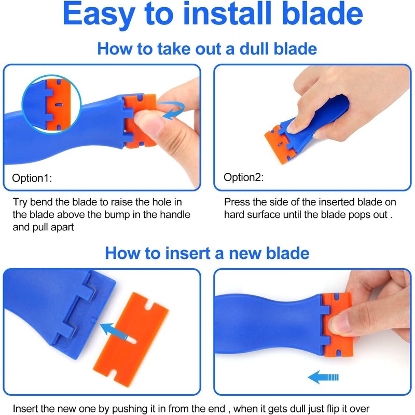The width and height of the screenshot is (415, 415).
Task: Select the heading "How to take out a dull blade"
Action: point(207,50)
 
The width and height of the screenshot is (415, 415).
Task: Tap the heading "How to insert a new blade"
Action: point(207,253)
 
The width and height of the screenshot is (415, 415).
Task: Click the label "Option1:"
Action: point(32,178)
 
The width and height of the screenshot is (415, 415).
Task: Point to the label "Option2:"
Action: point(243,177)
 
